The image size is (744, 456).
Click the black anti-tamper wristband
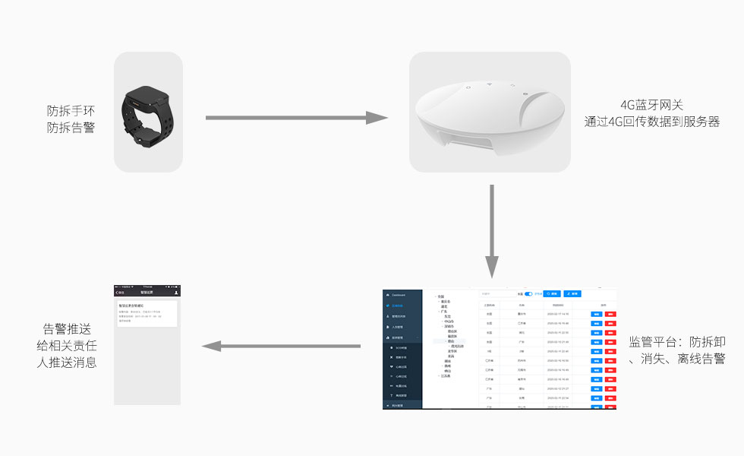tap(148, 112)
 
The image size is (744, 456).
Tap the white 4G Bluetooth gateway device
tap(490, 114)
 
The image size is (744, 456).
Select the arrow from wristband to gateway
tap(296, 118)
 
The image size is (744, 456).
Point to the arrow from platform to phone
tap(281, 347)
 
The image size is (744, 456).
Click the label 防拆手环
tap(71, 111)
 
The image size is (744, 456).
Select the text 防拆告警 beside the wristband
tap(71, 128)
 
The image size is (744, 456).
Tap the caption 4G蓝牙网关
tap(652, 105)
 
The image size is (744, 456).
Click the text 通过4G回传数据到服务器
tap(652, 122)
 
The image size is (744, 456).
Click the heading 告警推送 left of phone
tap(67, 329)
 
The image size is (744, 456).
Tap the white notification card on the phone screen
tap(147, 313)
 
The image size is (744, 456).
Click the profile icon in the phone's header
tap(176, 292)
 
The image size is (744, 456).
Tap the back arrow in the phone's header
tap(118, 292)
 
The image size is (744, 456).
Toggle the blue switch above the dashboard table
tap(528, 293)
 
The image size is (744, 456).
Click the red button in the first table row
tap(611, 314)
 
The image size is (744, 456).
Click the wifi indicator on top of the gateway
tap(490, 84)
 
